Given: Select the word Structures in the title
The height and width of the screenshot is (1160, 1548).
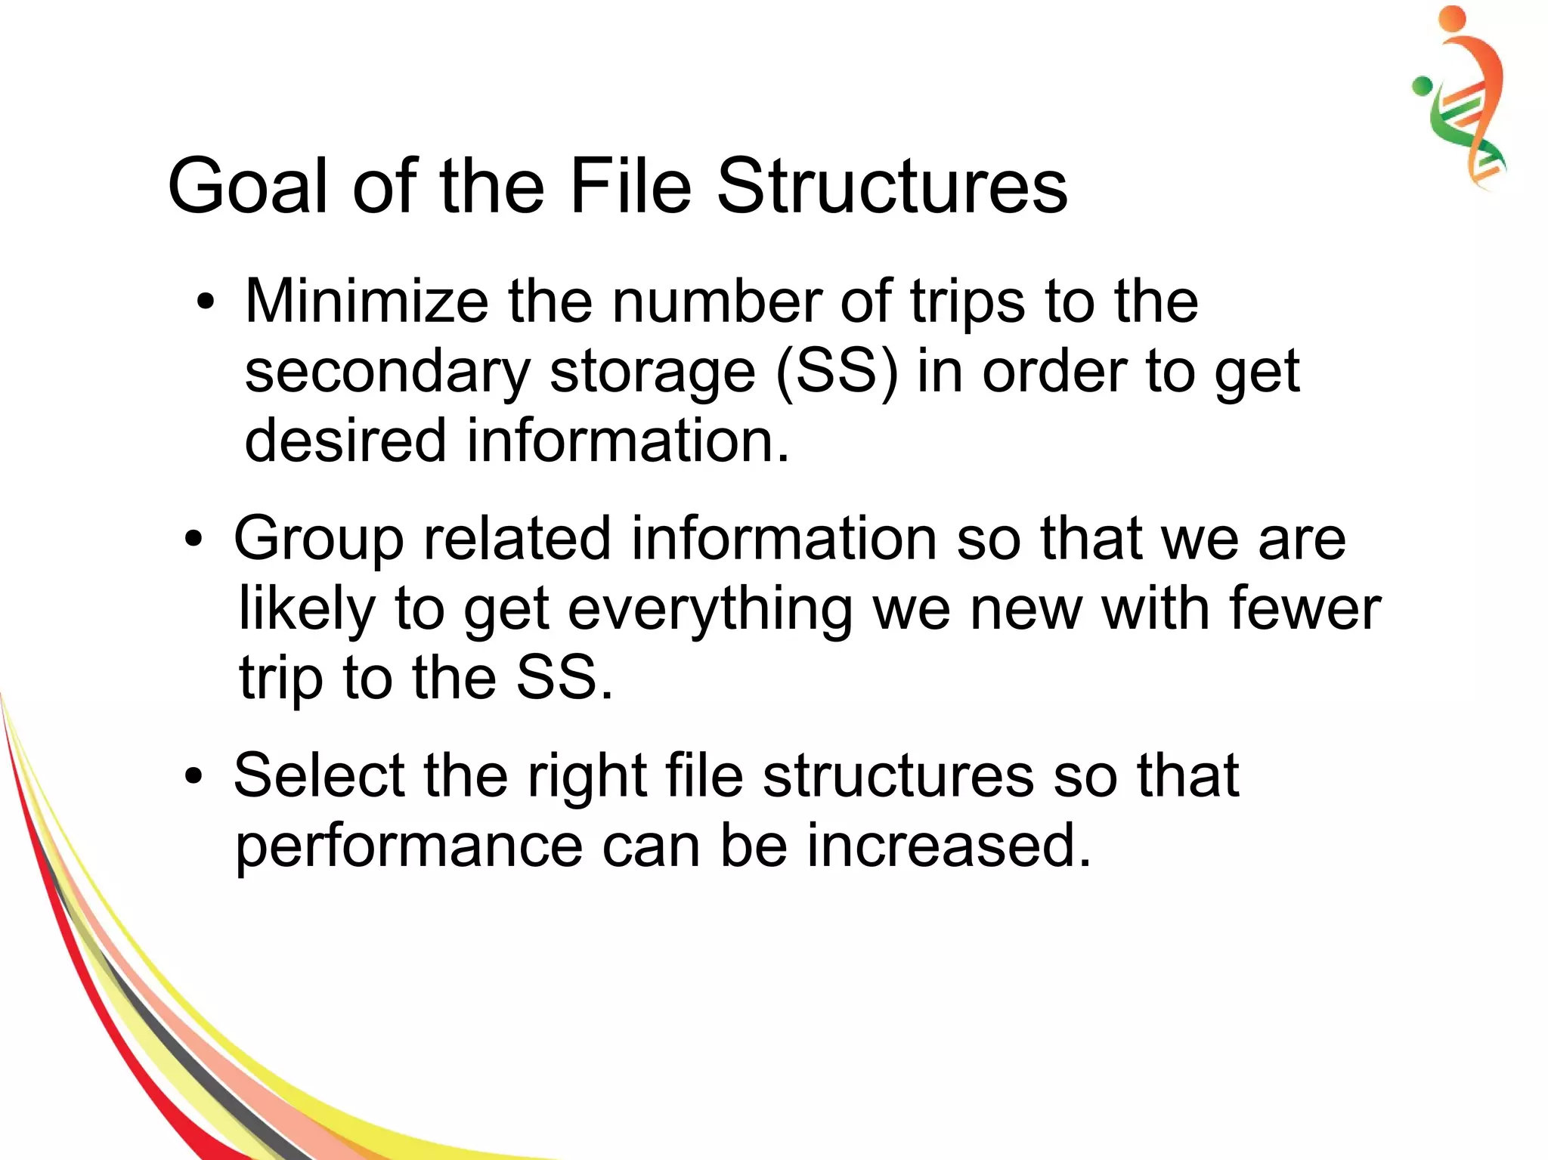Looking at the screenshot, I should coord(892,186).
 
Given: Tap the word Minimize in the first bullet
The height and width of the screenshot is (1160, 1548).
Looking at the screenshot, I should coord(367,301).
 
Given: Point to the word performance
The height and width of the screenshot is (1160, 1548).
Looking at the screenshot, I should coord(409,846).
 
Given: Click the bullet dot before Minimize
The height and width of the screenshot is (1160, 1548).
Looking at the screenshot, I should coord(205,302).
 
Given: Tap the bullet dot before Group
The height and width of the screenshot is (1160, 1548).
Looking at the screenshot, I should coord(193,540).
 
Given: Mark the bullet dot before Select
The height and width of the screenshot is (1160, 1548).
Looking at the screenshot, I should coord(193,776).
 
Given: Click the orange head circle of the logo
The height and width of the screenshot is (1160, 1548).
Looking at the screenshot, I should coord(1451,19).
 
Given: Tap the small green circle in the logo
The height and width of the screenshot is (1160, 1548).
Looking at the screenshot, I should coord(1422,86).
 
